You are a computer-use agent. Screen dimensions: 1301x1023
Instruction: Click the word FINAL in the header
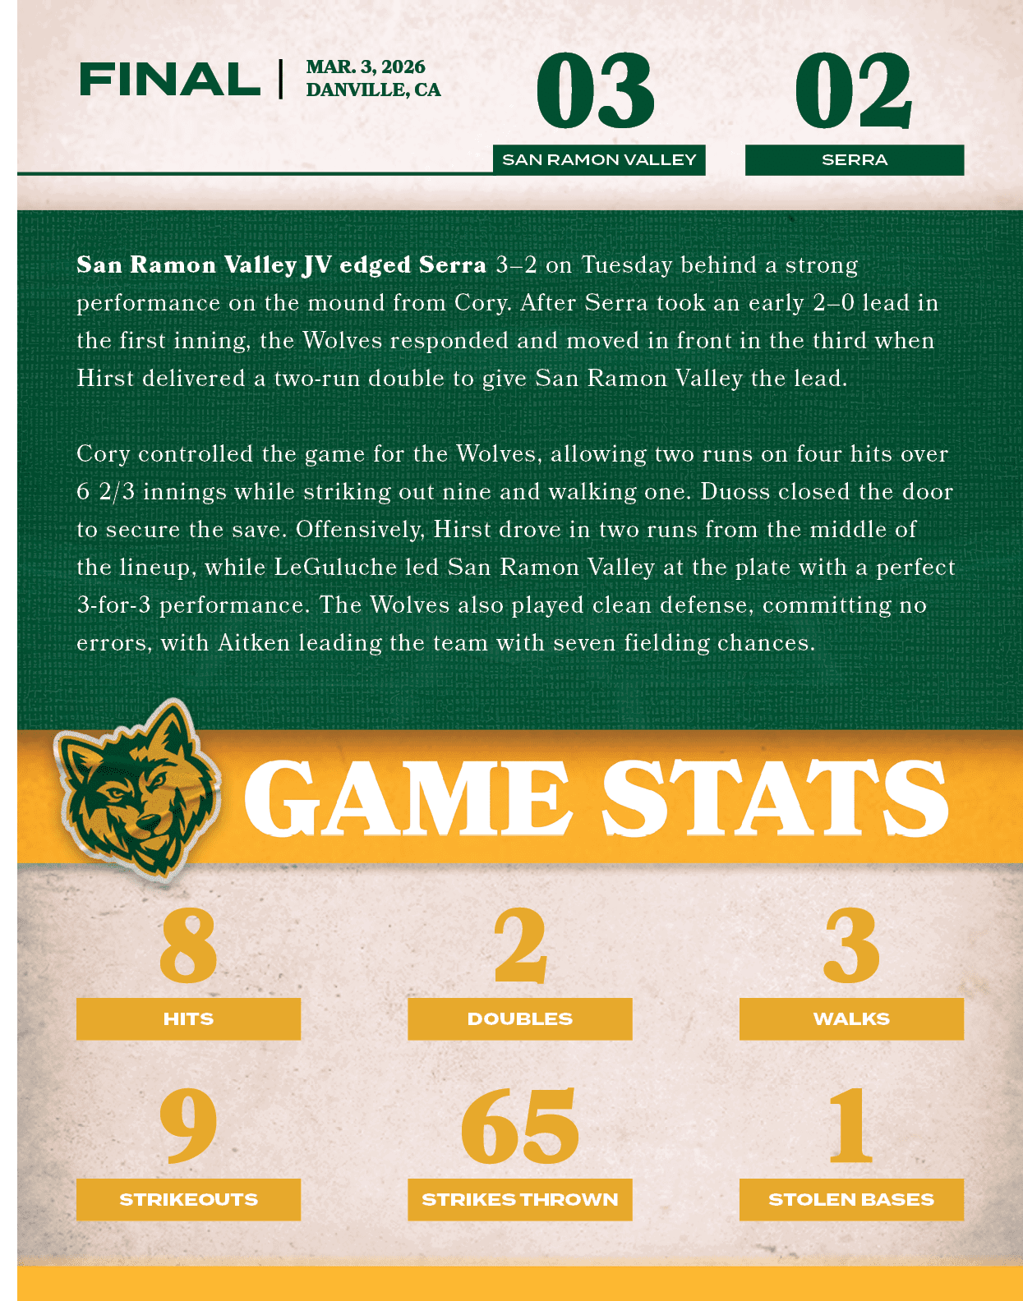point(169,80)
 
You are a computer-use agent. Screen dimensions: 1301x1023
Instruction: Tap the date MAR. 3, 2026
point(366,67)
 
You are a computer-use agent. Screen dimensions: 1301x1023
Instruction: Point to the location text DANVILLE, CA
point(373,90)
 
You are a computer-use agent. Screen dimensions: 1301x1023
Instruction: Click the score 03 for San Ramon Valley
point(596,91)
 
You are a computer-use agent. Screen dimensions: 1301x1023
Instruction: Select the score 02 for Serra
point(853,91)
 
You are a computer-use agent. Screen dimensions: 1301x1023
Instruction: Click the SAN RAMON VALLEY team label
point(599,160)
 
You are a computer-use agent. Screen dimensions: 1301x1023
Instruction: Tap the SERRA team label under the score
point(855,160)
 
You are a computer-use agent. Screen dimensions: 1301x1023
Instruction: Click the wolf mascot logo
point(136,788)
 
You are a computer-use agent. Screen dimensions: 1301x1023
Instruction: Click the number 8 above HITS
point(188,946)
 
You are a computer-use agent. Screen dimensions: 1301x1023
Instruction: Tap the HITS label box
point(188,1019)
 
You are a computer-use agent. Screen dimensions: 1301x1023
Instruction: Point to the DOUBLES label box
point(520,1019)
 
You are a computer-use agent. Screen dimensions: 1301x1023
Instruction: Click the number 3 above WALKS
point(851,946)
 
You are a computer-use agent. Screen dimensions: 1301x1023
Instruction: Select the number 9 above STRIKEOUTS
point(188,1126)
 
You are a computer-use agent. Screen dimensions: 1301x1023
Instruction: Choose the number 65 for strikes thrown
point(520,1126)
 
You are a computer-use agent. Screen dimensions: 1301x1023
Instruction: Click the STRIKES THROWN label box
point(520,1200)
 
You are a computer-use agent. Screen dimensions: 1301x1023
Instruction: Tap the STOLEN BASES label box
point(851,1200)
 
